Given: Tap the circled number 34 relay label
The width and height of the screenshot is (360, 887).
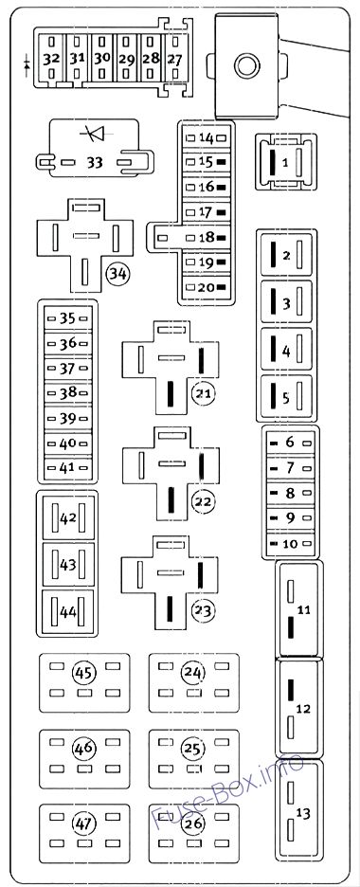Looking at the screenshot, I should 117,274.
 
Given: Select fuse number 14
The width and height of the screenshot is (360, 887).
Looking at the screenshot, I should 207,138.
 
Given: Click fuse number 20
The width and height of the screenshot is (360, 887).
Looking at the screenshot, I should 207,286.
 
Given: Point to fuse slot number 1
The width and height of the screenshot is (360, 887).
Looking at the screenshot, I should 285,162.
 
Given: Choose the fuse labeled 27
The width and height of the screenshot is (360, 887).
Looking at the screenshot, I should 174,59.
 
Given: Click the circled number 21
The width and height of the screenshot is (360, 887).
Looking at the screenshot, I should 201,393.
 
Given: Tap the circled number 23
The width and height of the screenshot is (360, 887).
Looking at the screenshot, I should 201,609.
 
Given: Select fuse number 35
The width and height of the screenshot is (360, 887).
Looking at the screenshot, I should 67,318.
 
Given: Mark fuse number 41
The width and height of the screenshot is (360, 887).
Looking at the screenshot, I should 67,466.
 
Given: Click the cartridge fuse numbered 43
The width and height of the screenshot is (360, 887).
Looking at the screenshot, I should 67,564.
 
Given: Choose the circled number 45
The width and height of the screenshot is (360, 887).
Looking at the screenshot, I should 84,674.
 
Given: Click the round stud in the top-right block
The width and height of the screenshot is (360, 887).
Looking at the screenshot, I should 248,65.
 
